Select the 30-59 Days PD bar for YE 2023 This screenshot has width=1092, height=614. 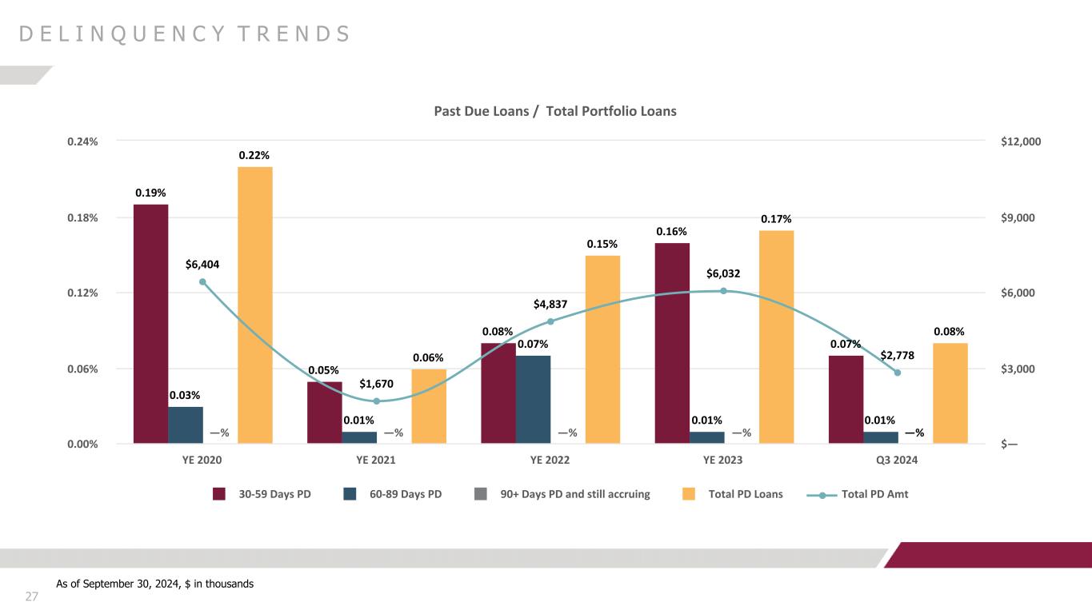(x=672, y=343)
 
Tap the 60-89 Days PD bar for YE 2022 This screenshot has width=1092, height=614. (x=533, y=400)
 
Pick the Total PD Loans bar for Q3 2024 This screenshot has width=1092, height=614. (x=950, y=393)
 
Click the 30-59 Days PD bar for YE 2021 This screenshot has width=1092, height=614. (x=324, y=413)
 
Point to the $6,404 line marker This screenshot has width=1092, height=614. (x=202, y=281)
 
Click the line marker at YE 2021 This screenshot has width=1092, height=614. (x=376, y=401)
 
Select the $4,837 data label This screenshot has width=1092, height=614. (x=550, y=304)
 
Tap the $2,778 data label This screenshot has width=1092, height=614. (x=898, y=354)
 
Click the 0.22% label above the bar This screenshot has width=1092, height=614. (x=255, y=155)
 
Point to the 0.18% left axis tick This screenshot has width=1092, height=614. (x=83, y=217)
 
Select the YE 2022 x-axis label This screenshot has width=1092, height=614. (x=550, y=460)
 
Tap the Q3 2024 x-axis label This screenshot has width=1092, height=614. (x=898, y=460)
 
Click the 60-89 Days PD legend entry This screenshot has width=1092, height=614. (x=393, y=494)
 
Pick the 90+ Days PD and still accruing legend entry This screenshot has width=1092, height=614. (x=562, y=494)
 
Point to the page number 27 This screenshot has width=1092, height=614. (x=32, y=596)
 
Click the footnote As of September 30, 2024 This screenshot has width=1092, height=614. (x=154, y=584)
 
